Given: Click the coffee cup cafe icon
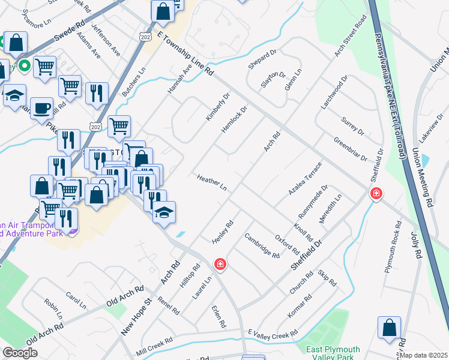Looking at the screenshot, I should [41, 108].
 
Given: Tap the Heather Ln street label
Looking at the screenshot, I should [211, 183].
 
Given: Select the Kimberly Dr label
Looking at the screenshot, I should [218, 107].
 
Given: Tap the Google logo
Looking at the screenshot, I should [20, 353].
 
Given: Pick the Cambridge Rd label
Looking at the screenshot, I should [262, 246].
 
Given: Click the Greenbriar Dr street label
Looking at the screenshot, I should [351, 149].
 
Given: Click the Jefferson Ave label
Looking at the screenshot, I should [106, 40].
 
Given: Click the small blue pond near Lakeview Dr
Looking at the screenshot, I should [426, 161].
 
